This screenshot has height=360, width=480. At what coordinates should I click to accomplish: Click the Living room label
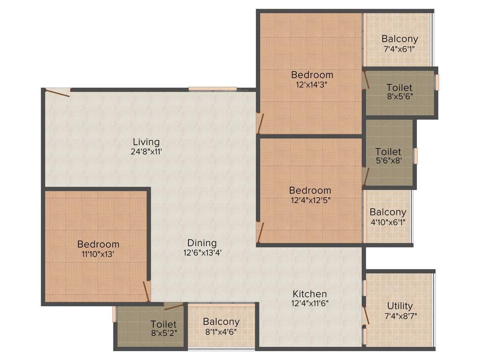tap(146, 142)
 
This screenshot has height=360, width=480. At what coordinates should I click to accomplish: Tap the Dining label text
tap(202, 243)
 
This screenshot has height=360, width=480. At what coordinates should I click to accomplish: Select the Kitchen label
tap(309, 294)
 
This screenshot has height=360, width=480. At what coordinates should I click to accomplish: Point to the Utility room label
tap(400, 306)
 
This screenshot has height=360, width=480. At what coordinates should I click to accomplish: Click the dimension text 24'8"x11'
tap(146, 152)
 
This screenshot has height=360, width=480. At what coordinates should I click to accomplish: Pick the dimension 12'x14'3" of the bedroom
tap(312, 85)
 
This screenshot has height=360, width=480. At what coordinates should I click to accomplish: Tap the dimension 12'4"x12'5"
tap(310, 201)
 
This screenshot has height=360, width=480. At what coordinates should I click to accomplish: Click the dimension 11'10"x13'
tap(98, 254)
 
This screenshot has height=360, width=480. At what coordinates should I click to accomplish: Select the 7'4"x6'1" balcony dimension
tap(399, 48)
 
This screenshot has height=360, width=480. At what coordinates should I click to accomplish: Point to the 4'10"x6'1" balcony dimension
tap(388, 222)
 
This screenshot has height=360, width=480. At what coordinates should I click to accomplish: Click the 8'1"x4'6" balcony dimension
tap(221, 332)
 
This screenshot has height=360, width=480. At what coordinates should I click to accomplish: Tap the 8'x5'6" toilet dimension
tap(399, 97)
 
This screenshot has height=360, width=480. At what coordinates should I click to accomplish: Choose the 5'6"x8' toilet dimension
tap(388, 162)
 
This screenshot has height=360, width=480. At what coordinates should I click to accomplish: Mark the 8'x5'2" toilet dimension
tap(163, 334)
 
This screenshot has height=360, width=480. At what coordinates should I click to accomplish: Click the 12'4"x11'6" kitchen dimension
tap(309, 303)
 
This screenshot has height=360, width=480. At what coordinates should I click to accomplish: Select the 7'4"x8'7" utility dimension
tap(400, 316)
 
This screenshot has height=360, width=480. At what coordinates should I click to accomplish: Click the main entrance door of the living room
tap(57, 92)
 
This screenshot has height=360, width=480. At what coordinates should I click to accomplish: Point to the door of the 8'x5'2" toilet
tap(173, 307)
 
